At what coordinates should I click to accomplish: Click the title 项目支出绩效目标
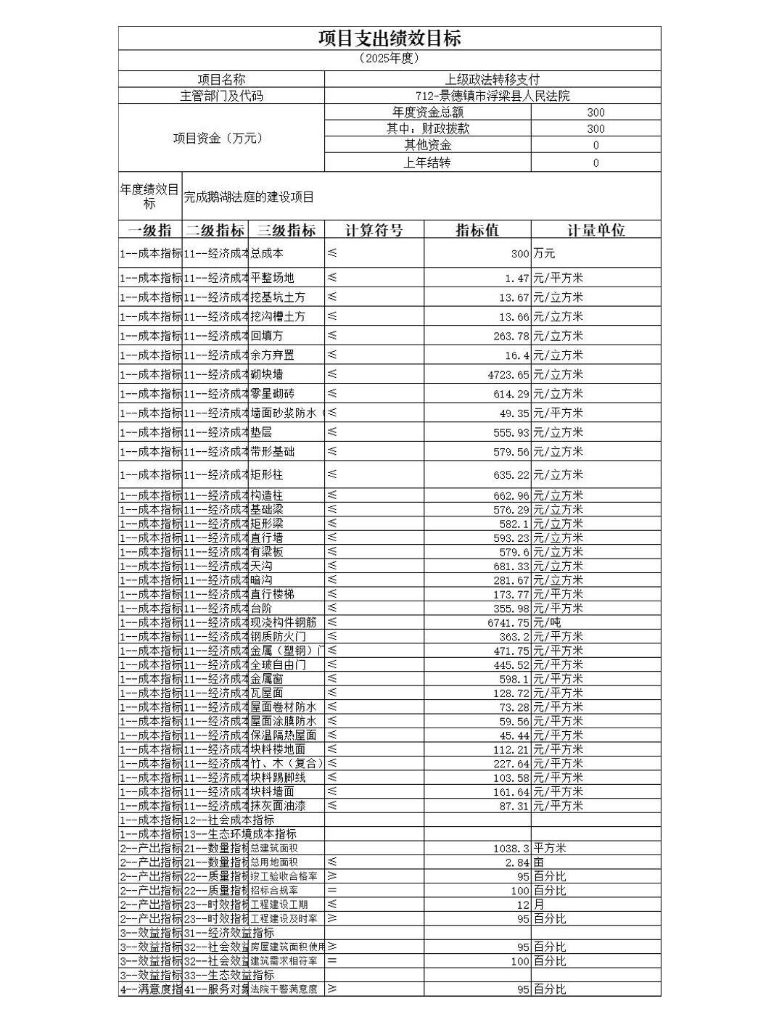pos(389,38)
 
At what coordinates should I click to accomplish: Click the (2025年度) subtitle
pos(389,59)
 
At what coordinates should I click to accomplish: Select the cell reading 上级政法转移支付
pos(492,79)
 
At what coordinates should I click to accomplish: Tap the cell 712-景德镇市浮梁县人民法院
pos(492,96)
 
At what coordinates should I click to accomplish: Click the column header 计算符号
pos(374,230)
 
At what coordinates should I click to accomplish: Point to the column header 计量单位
pos(595,230)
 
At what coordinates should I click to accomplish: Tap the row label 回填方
pos(267,336)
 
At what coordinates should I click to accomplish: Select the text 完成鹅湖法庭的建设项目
pos(249,197)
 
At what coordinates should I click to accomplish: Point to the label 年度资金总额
pos(427,112)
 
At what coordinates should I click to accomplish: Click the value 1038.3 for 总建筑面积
pos(511,848)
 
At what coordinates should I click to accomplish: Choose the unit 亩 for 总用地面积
pos(539,862)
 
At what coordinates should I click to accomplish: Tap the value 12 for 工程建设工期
pos(522,905)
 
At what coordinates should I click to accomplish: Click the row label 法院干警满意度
pos(284,989)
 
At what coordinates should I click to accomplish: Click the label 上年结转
pos(427,162)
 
